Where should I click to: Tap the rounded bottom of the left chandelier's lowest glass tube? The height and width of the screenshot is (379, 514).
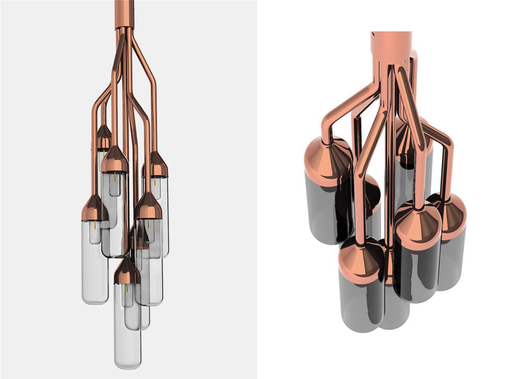(x=127, y=363)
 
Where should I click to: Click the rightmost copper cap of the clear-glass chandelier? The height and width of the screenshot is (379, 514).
(x=156, y=165)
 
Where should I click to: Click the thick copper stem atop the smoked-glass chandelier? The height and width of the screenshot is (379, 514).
(x=391, y=46)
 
